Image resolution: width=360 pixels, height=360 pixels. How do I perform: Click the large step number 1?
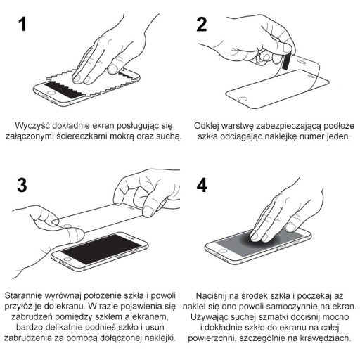22,25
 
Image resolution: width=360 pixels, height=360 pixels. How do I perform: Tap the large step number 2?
202,25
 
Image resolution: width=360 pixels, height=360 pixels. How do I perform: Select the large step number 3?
22,185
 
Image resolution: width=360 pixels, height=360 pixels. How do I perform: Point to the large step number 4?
202,185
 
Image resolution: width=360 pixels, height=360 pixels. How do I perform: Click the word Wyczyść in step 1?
32,126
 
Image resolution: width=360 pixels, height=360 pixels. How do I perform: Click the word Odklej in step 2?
207,126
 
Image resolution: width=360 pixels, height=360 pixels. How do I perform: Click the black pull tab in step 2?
286,61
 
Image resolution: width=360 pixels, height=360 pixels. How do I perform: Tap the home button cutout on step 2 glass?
243,98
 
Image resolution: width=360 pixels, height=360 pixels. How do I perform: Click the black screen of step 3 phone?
101,248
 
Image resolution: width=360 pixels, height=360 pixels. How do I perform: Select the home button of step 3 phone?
67,259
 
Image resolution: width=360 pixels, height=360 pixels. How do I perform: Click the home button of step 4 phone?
222,251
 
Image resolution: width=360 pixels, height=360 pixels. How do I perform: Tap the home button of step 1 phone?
51,93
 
